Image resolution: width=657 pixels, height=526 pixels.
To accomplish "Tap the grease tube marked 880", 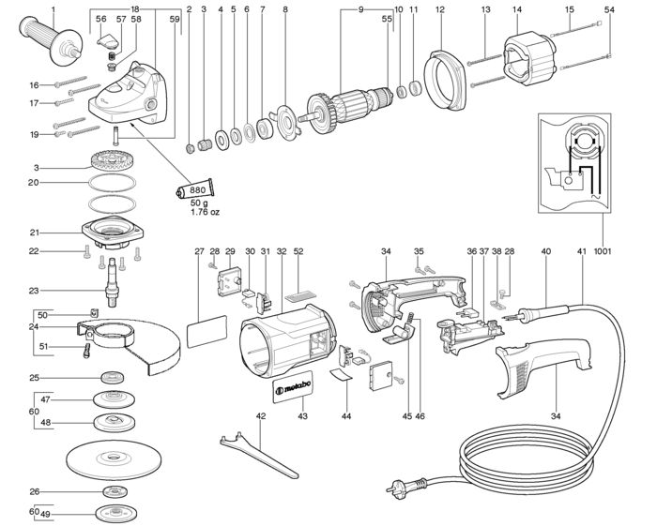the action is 195,190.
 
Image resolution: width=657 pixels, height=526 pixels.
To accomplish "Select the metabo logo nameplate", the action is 293,387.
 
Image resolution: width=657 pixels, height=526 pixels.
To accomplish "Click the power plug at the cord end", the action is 406,486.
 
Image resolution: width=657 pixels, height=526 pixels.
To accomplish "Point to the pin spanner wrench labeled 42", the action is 258,454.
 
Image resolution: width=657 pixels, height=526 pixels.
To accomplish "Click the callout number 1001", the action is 603,251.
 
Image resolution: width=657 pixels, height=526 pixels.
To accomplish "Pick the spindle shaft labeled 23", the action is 112,281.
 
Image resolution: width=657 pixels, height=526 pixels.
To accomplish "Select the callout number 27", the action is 199,251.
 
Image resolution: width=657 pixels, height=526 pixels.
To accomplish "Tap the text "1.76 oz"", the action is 205,212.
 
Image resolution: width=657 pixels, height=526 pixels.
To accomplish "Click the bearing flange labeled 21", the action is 113,232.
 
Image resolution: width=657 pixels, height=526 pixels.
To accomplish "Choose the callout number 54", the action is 609,9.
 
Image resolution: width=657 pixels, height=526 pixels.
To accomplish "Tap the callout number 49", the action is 46,515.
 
